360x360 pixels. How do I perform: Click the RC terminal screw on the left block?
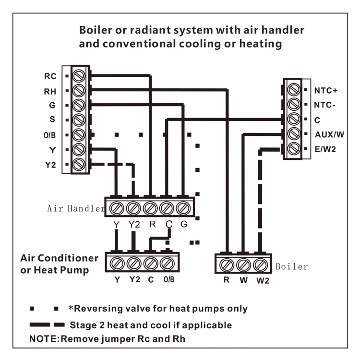pyautogui.click(x=79, y=76)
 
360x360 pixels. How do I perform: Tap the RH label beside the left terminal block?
pyautogui.click(x=50, y=92)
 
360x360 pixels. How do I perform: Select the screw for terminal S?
pyautogui.click(x=79, y=120)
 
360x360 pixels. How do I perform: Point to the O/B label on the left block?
pyautogui.click(x=49, y=135)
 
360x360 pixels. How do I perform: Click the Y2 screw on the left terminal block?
pyautogui.click(x=79, y=164)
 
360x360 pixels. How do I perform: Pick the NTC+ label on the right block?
pyautogui.click(x=326, y=90)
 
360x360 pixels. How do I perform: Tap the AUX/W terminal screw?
pyautogui.click(x=294, y=133)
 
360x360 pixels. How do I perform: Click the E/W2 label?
pyautogui.click(x=325, y=149)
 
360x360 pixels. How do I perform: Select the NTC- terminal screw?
pyautogui.click(x=294, y=104)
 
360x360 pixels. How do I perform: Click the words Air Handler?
pyautogui.click(x=76, y=208)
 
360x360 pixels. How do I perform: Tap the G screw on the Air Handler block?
pyautogui.click(x=183, y=208)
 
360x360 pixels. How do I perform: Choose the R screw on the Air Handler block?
pyautogui.click(x=150, y=208)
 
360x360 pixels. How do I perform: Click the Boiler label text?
pyautogui.click(x=291, y=266)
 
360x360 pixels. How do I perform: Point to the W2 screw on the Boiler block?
pyautogui.click(x=260, y=265)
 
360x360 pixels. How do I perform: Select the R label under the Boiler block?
pyautogui.click(x=227, y=280)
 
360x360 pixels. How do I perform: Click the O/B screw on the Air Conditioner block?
pyautogui.click(x=167, y=264)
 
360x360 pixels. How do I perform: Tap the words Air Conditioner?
pyautogui.click(x=59, y=258)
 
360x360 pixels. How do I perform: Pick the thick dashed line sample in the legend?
pyautogui.click(x=47, y=324)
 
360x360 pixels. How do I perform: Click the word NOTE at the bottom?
pyautogui.click(x=44, y=339)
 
